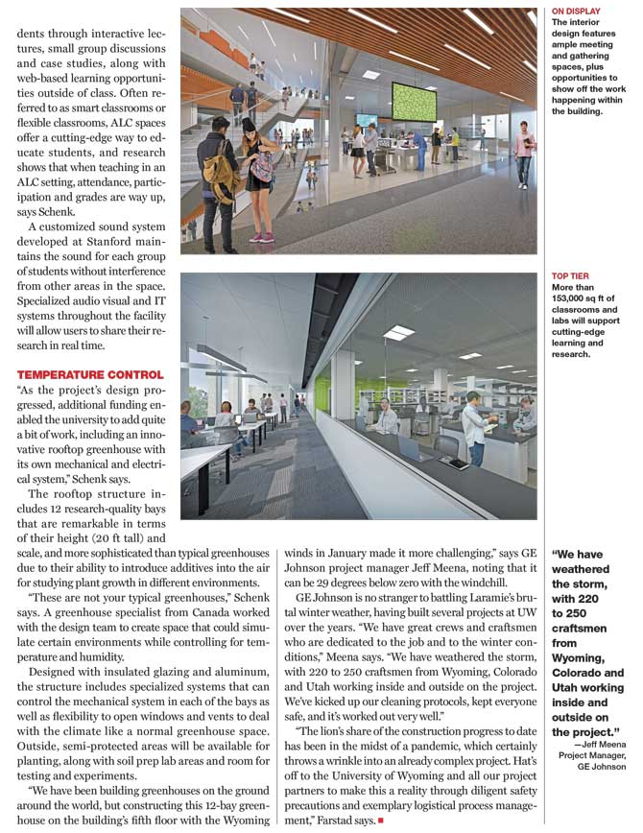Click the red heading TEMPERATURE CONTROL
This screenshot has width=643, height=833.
coord(89,373)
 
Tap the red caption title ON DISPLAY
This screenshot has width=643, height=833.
coord(576,12)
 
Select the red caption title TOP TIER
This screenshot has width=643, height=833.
coord(570,274)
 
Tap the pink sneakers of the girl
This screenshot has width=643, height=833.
coord(260,236)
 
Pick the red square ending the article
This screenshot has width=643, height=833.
coord(381,821)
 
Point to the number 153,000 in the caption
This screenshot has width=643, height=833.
coord(573,297)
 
